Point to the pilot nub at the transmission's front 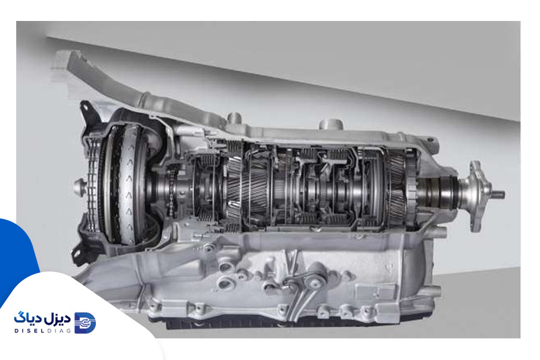[78, 188]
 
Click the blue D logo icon [85, 323]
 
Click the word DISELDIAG [43, 331]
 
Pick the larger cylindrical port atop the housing [331, 124]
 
